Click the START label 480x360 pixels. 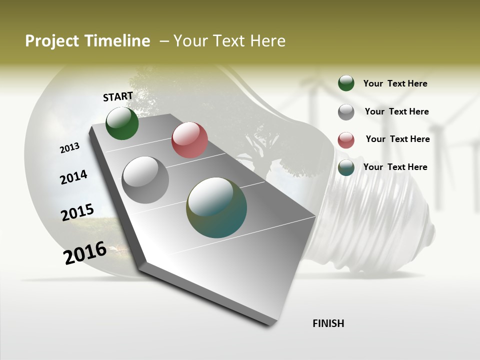click(x=118, y=96)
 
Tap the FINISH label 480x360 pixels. click(x=328, y=323)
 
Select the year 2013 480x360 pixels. click(x=70, y=147)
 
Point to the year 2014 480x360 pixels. click(x=73, y=177)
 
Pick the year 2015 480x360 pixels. click(x=77, y=212)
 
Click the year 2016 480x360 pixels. click(x=85, y=253)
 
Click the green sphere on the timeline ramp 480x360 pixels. click(x=122, y=123)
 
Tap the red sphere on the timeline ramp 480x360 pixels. click(x=189, y=140)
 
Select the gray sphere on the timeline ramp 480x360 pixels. click(x=145, y=179)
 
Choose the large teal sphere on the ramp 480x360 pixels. click(x=216, y=207)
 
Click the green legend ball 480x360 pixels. click(x=346, y=83)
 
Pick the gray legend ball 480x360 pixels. click(x=346, y=112)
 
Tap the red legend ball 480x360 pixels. click(x=346, y=140)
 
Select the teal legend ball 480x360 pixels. click(x=346, y=167)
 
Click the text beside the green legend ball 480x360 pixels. click(x=395, y=83)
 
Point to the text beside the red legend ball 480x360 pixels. click(x=397, y=139)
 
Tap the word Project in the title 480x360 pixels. click(x=52, y=41)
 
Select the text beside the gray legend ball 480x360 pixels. click(x=396, y=111)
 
